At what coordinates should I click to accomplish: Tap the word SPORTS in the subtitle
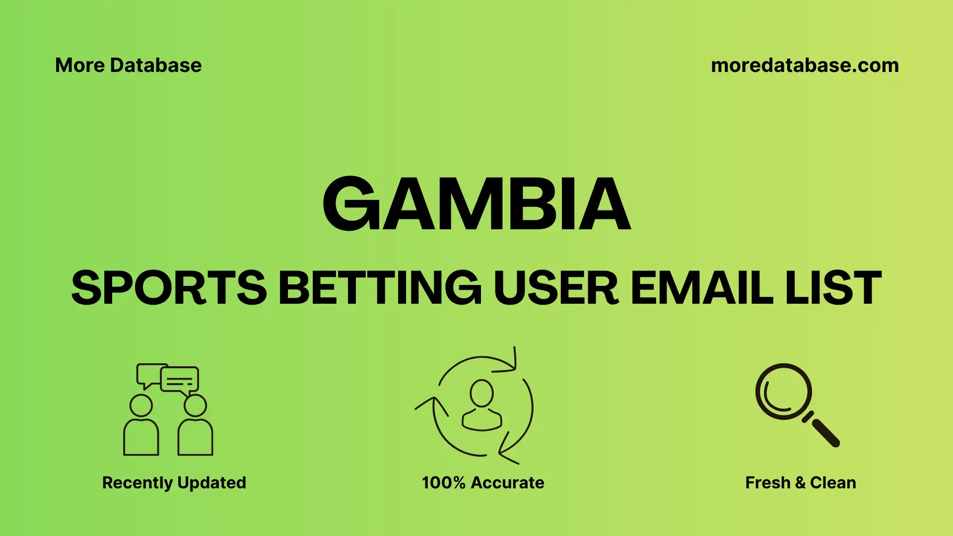tap(169, 288)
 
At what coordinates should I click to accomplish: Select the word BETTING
tap(380, 288)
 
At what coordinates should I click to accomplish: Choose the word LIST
tap(833, 288)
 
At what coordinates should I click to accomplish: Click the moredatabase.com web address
tap(805, 66)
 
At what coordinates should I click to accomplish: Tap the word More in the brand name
tap(79, 66)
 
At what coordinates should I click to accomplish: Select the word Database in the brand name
tap(156, 66)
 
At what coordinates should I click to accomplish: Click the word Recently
tap(137, 483)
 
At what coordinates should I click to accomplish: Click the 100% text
tap(443, 483)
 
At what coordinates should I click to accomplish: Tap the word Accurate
tap(507, 483)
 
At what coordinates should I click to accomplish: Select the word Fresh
tap(767, 483)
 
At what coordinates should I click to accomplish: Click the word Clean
tap(833, 483)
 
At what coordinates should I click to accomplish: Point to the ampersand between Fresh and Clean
tap(800, 483)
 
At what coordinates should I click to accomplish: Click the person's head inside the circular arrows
tap(481, 393)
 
